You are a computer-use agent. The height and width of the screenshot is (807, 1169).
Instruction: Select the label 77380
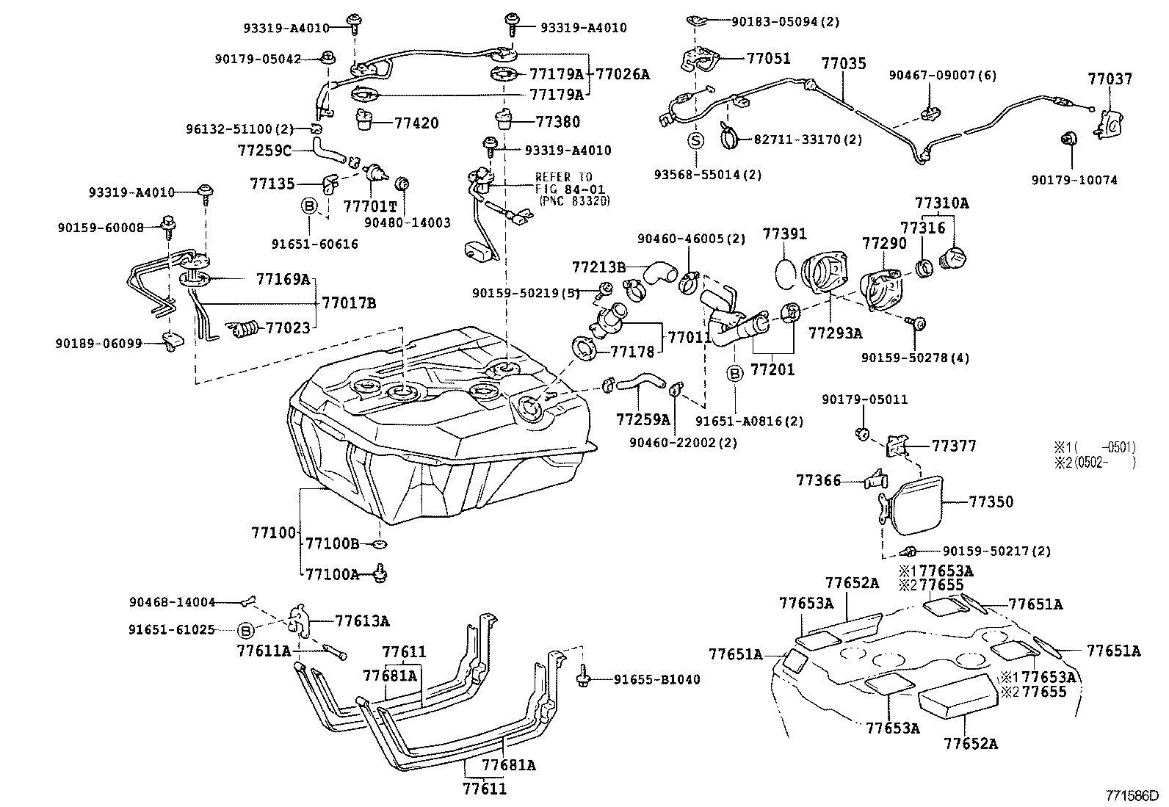(x=557, y=122)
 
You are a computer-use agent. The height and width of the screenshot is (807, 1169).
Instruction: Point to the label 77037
(x=1110, y=79)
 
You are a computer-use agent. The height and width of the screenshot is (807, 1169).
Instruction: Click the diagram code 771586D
(x=1132, y=795)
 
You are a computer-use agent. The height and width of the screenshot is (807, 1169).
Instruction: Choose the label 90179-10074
(x=1074, y=180)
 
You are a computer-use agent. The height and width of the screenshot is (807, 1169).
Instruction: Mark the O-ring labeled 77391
(x=785, y=272)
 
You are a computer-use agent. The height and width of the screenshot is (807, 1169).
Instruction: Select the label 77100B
(x=332, y=543)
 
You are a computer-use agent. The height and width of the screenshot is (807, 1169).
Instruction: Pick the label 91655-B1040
(x=656, y=680)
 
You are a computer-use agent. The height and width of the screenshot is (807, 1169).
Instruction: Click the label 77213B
(x=598, y=265)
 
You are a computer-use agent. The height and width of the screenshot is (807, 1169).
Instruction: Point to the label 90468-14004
(x=173, y=603)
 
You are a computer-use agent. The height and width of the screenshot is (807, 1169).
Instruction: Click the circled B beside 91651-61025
(x=246, y=630)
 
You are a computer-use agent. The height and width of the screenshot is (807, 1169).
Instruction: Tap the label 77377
(x=954, y=446)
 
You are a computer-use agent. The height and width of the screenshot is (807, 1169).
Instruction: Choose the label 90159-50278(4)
(x=915, y=358)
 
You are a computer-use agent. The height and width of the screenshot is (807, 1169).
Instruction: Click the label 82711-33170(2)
(x=808, y=139)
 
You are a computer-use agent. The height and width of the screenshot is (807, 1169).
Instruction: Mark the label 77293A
(x=835, y=333)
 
